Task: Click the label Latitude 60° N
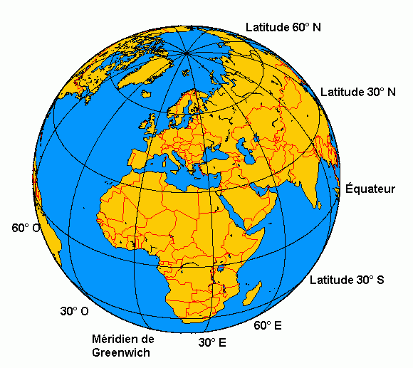click(283, 27)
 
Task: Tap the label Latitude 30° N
click(357, 92)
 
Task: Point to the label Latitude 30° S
click(347, 280)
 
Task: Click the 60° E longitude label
click(268, 325)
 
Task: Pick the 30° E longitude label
click(212, 342)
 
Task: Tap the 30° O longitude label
click(75, 311)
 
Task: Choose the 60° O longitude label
click(26, 228)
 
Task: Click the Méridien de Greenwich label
click(122, 345)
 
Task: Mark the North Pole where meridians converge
click(187, 53)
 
